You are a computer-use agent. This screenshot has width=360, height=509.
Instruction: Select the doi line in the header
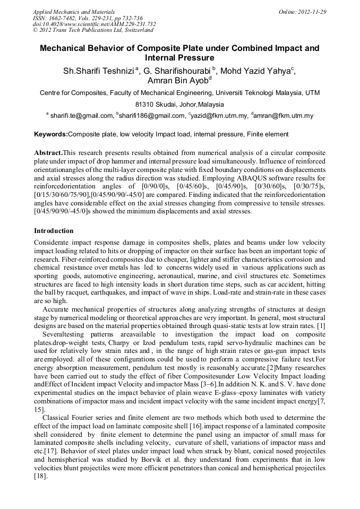pos(94,24)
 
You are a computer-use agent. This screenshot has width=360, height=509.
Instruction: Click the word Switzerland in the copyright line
pos(134,30)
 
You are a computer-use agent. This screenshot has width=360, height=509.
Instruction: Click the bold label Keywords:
pos(51,134)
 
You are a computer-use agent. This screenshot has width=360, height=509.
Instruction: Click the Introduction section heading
pos(54,231)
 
